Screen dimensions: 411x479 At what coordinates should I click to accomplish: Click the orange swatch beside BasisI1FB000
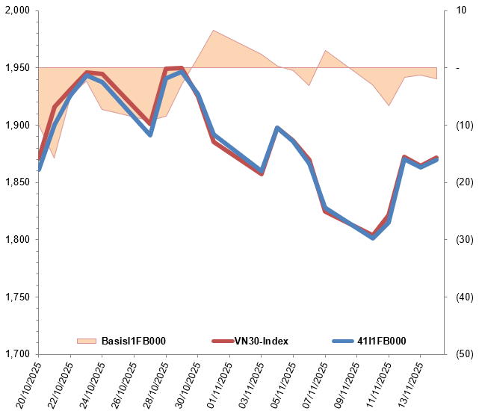[x=87, y=342]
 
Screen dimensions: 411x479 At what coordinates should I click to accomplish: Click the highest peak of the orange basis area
[x=214, y=31]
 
